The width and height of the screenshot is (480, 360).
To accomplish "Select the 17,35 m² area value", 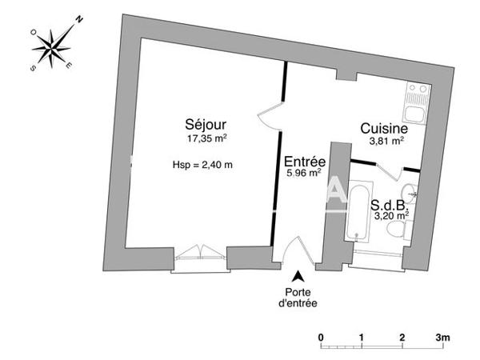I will (x=206, y=138).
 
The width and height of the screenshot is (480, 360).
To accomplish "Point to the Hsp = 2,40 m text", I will (x=202, y=165).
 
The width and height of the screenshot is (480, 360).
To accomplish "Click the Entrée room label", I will (x=304, y=160).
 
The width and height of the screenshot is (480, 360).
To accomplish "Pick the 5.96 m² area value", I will (x=304, y=171).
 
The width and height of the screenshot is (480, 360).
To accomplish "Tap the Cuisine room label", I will (x=384, y=128).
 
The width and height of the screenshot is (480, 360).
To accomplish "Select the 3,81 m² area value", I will (x=386, y=141).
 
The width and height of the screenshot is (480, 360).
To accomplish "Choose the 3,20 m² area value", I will (x=390, y=214).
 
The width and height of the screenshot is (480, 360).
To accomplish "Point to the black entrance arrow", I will (x=298, y=275).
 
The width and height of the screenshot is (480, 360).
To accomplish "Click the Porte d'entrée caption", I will (x=297, y=297).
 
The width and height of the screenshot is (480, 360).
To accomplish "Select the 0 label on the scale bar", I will (x=320, y=337).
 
